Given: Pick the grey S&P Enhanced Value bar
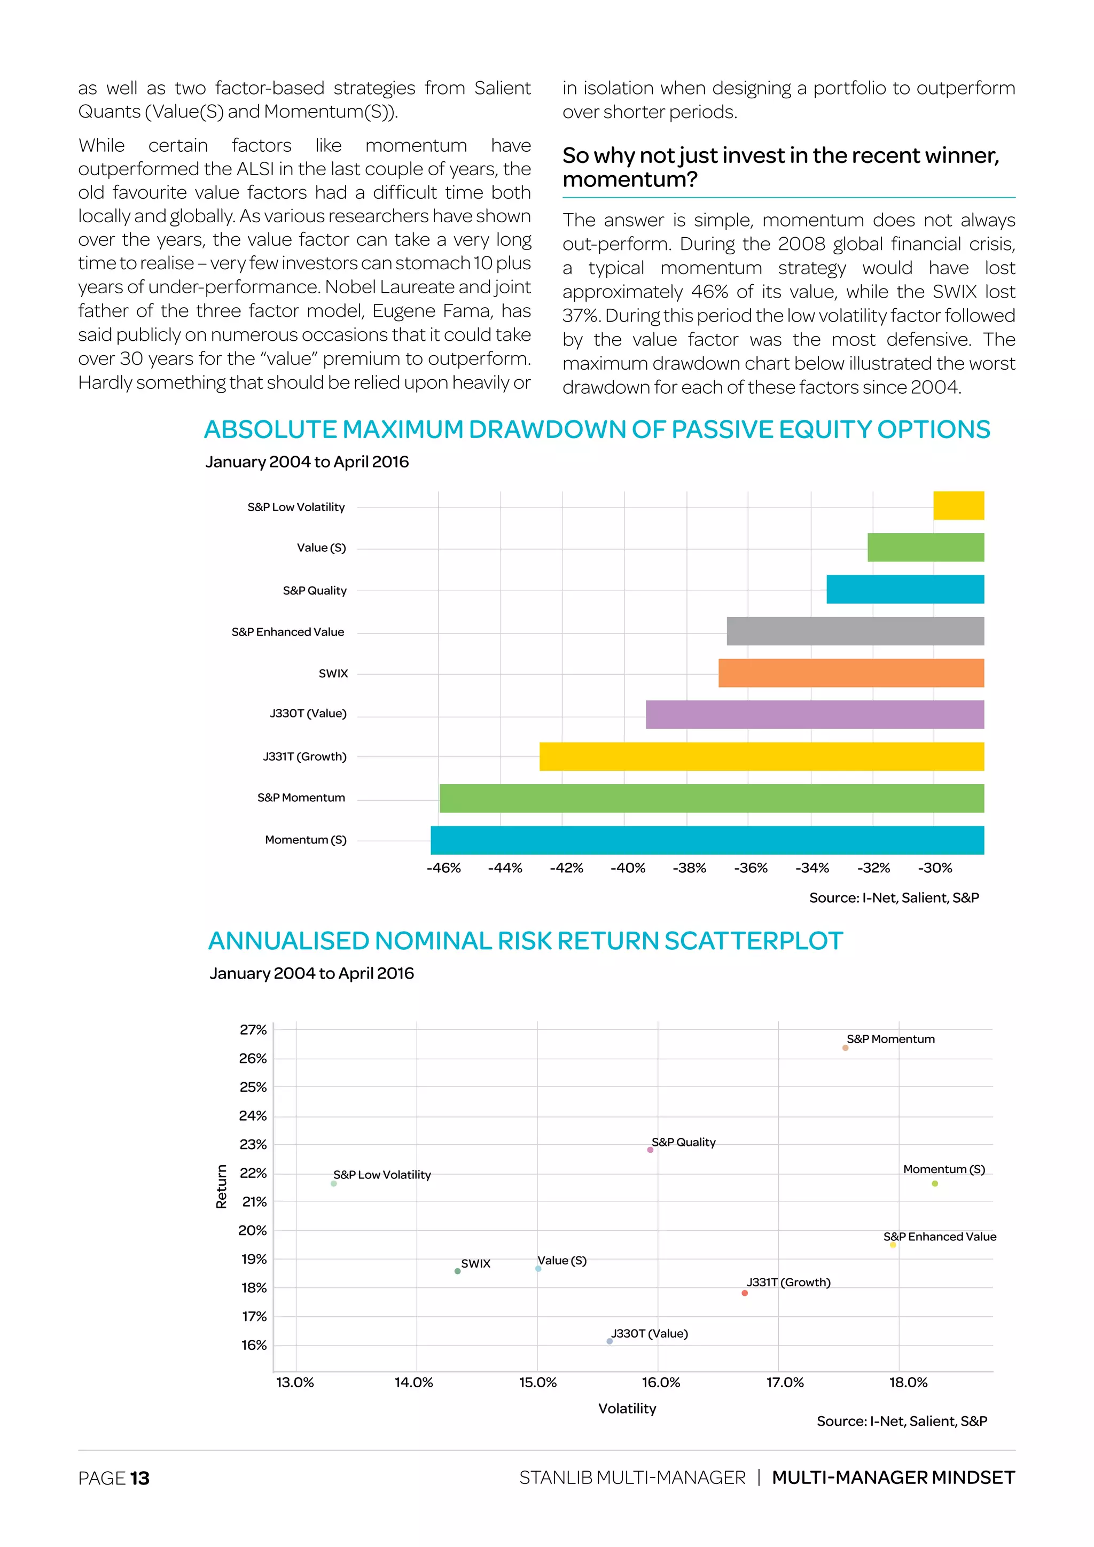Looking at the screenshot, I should (854, 631).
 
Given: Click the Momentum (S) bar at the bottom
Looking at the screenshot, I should (707, 840).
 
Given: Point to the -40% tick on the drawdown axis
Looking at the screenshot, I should (627, 868).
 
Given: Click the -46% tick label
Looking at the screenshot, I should (443, 868).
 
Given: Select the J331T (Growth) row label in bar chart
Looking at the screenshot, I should (304, 756).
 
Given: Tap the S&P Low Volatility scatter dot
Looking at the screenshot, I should (333, 1183).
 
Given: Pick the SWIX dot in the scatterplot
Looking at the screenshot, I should (457, 1271).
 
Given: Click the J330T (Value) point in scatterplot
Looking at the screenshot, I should (609, 1341).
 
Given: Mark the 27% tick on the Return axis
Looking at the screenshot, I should (253, 1029).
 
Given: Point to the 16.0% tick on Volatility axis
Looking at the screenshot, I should (660, 1382).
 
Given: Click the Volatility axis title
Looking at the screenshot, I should (627, 1408).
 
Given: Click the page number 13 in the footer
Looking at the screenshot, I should (139, 1478).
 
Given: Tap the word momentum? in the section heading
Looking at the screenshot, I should (629, 180).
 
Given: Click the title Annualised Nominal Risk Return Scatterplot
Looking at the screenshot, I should (525, 941).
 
